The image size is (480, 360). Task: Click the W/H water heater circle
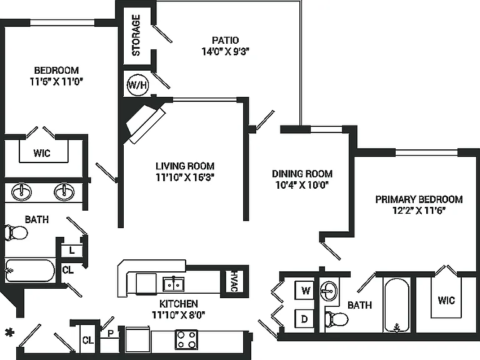137,84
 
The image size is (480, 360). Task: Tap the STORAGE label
136,35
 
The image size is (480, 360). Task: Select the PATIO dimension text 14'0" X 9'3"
225,51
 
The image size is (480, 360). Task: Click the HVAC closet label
234,281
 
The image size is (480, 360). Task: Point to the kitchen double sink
173,284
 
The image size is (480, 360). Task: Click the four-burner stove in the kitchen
186,340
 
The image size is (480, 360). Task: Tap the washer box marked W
304,290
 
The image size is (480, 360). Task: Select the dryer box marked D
304,319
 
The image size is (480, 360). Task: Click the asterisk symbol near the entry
10,332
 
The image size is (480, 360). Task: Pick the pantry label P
111,333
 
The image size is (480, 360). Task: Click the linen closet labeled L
72,251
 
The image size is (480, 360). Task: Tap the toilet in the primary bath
336,319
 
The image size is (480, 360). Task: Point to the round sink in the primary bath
329,291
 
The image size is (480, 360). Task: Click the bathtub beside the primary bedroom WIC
397,305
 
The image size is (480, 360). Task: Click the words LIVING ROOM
185,166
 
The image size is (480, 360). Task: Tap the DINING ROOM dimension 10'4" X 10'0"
302,185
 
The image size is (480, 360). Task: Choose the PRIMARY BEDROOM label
419,199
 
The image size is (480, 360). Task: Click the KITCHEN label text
179,304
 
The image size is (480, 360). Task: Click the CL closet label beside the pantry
88,340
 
